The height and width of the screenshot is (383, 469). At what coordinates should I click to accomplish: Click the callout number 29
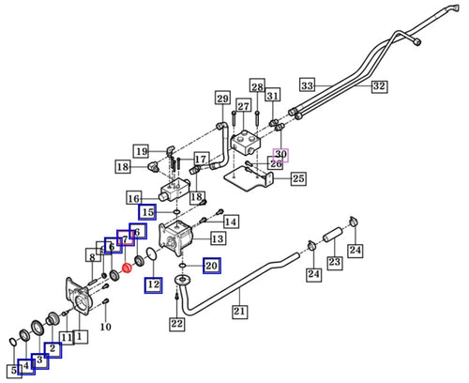pyautogui.click(x=222, y=99)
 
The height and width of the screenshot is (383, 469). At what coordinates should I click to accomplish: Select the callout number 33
pyautogui.click(x=305, y=83)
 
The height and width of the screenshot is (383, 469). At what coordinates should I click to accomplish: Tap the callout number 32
pyautogui.click(x=378, y=86)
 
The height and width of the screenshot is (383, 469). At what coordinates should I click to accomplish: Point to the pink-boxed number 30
pyautogui.click(x=280, y=155)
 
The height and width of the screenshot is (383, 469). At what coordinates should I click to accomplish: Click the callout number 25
pyautogui.click(x=297, y=178)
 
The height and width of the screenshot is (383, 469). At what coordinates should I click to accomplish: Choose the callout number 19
pyautogui.click(x=141, y=151)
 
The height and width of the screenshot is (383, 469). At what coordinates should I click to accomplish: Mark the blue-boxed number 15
pyautogui.click(x=148, y=212)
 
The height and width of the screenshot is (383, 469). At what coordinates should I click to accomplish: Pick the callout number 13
pyautogui.click(x=216, y=239)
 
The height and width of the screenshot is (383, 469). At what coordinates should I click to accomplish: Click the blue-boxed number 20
pyautogui.click(x=211, y=267)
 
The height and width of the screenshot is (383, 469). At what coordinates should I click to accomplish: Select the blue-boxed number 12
pyautogui.click(x=153, y=284)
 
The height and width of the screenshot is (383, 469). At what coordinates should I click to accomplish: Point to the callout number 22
pyautogui.click(x=177, y=324)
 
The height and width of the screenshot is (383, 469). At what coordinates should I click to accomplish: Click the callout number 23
pyautogui.click(x=334, y=263)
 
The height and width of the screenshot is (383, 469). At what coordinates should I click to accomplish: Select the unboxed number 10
pyautogui.click(x=106, y=327)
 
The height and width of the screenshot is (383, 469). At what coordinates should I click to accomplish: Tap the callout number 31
pyautogui.click(x=272, y=96)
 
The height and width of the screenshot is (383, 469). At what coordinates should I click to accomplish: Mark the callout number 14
pyautogui.click(x=231, y=222)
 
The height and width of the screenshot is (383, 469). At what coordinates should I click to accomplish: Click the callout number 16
pyautogui.click(x=133, y=199)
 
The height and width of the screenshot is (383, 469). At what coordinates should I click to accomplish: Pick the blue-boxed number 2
pyautogui.click(x=53, y=350)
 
